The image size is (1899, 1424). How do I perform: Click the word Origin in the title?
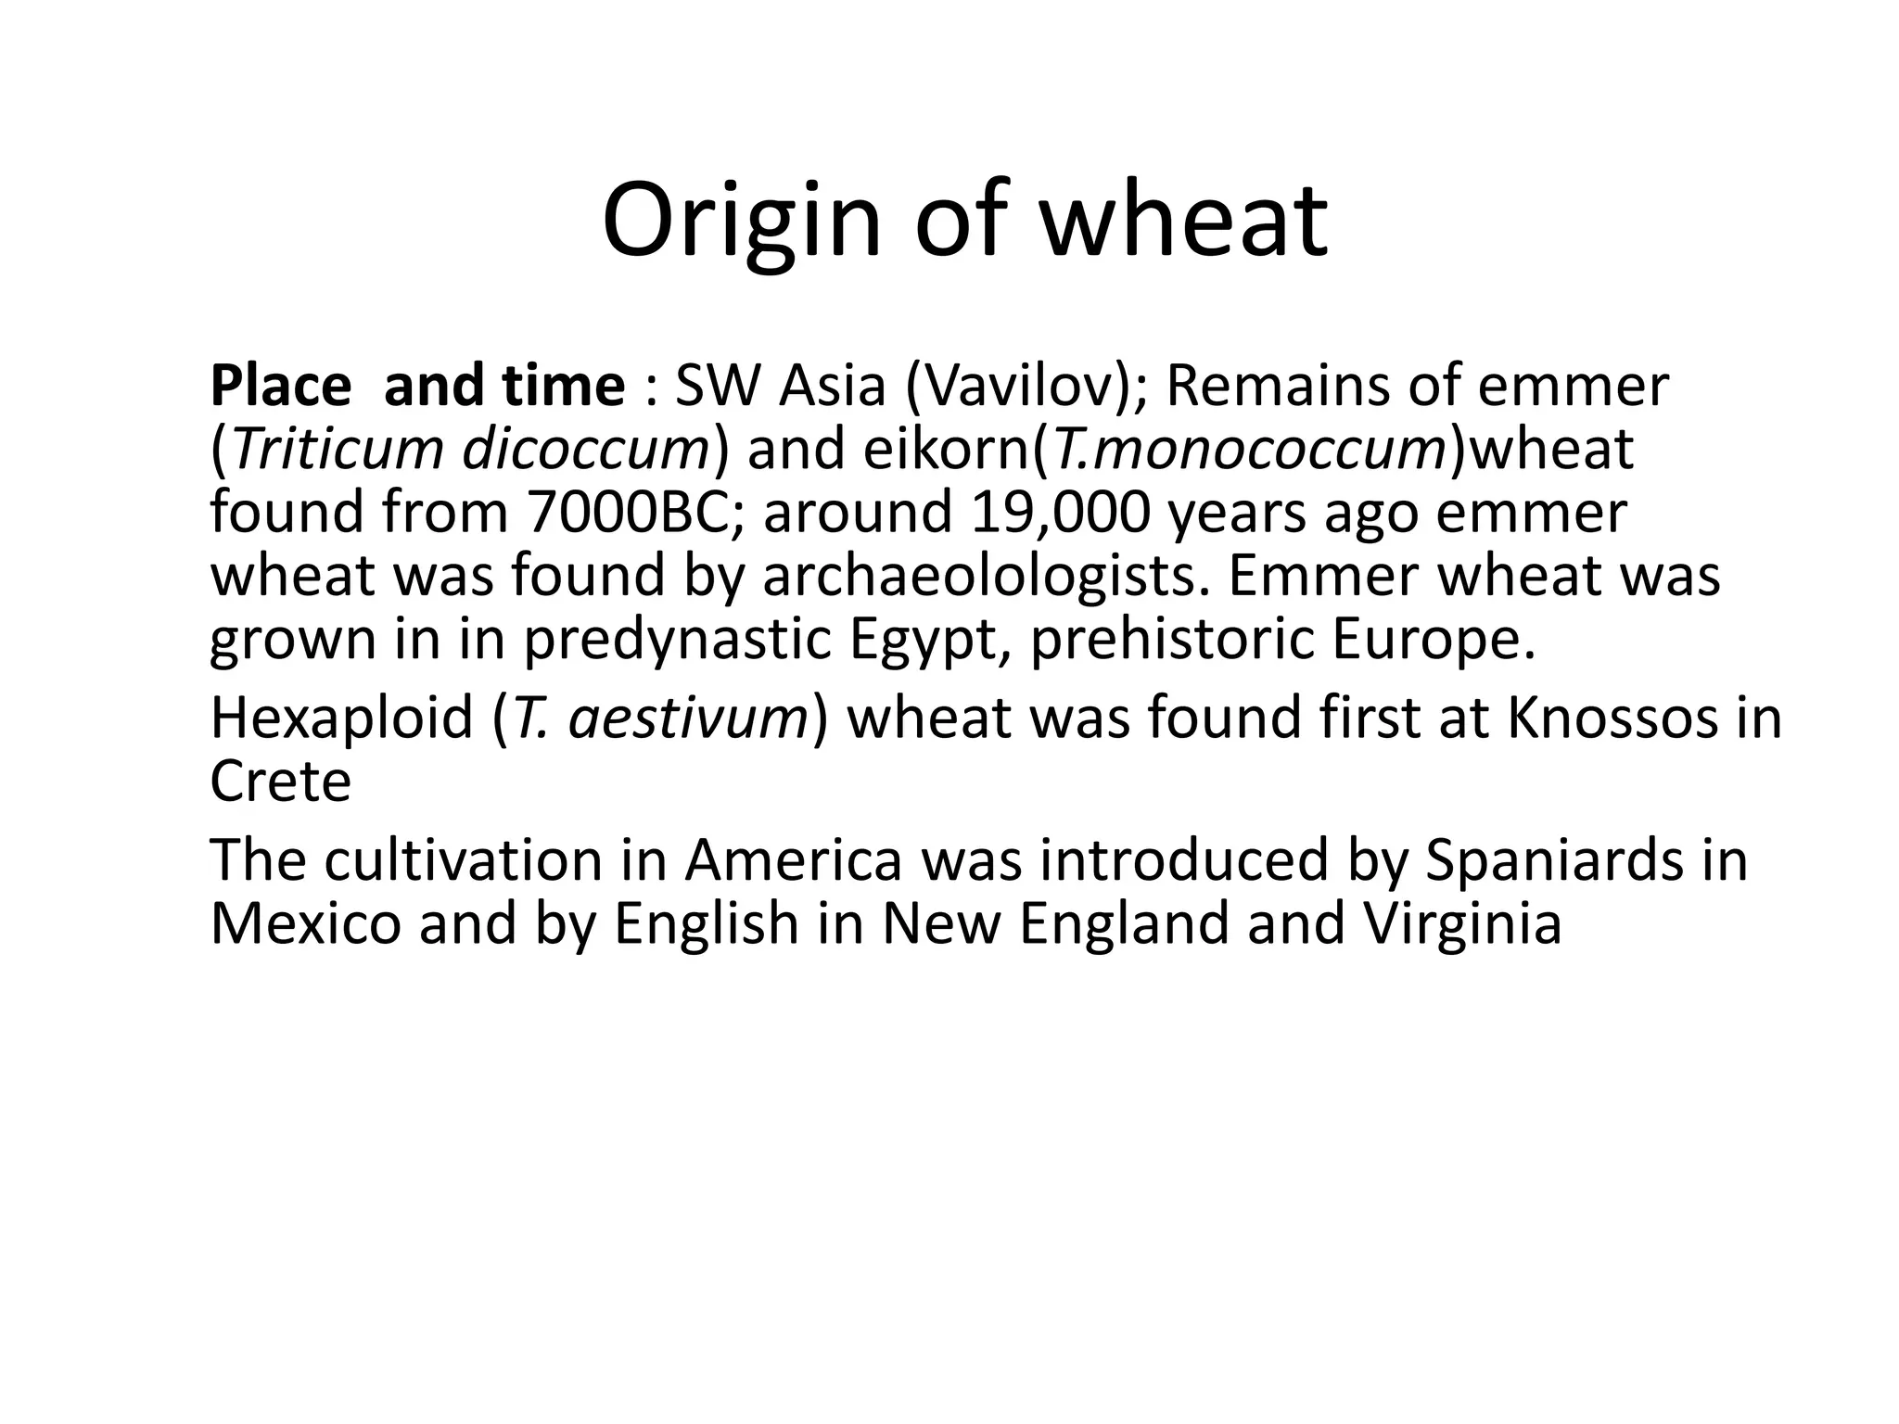(741, 222)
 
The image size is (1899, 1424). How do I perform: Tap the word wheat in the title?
(1183, 221)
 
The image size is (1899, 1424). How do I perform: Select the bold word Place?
(281, 386)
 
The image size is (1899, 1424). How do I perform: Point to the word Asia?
(833, 386)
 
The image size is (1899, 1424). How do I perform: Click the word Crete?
(281, 781)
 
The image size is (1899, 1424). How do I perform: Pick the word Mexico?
(306, 923)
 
